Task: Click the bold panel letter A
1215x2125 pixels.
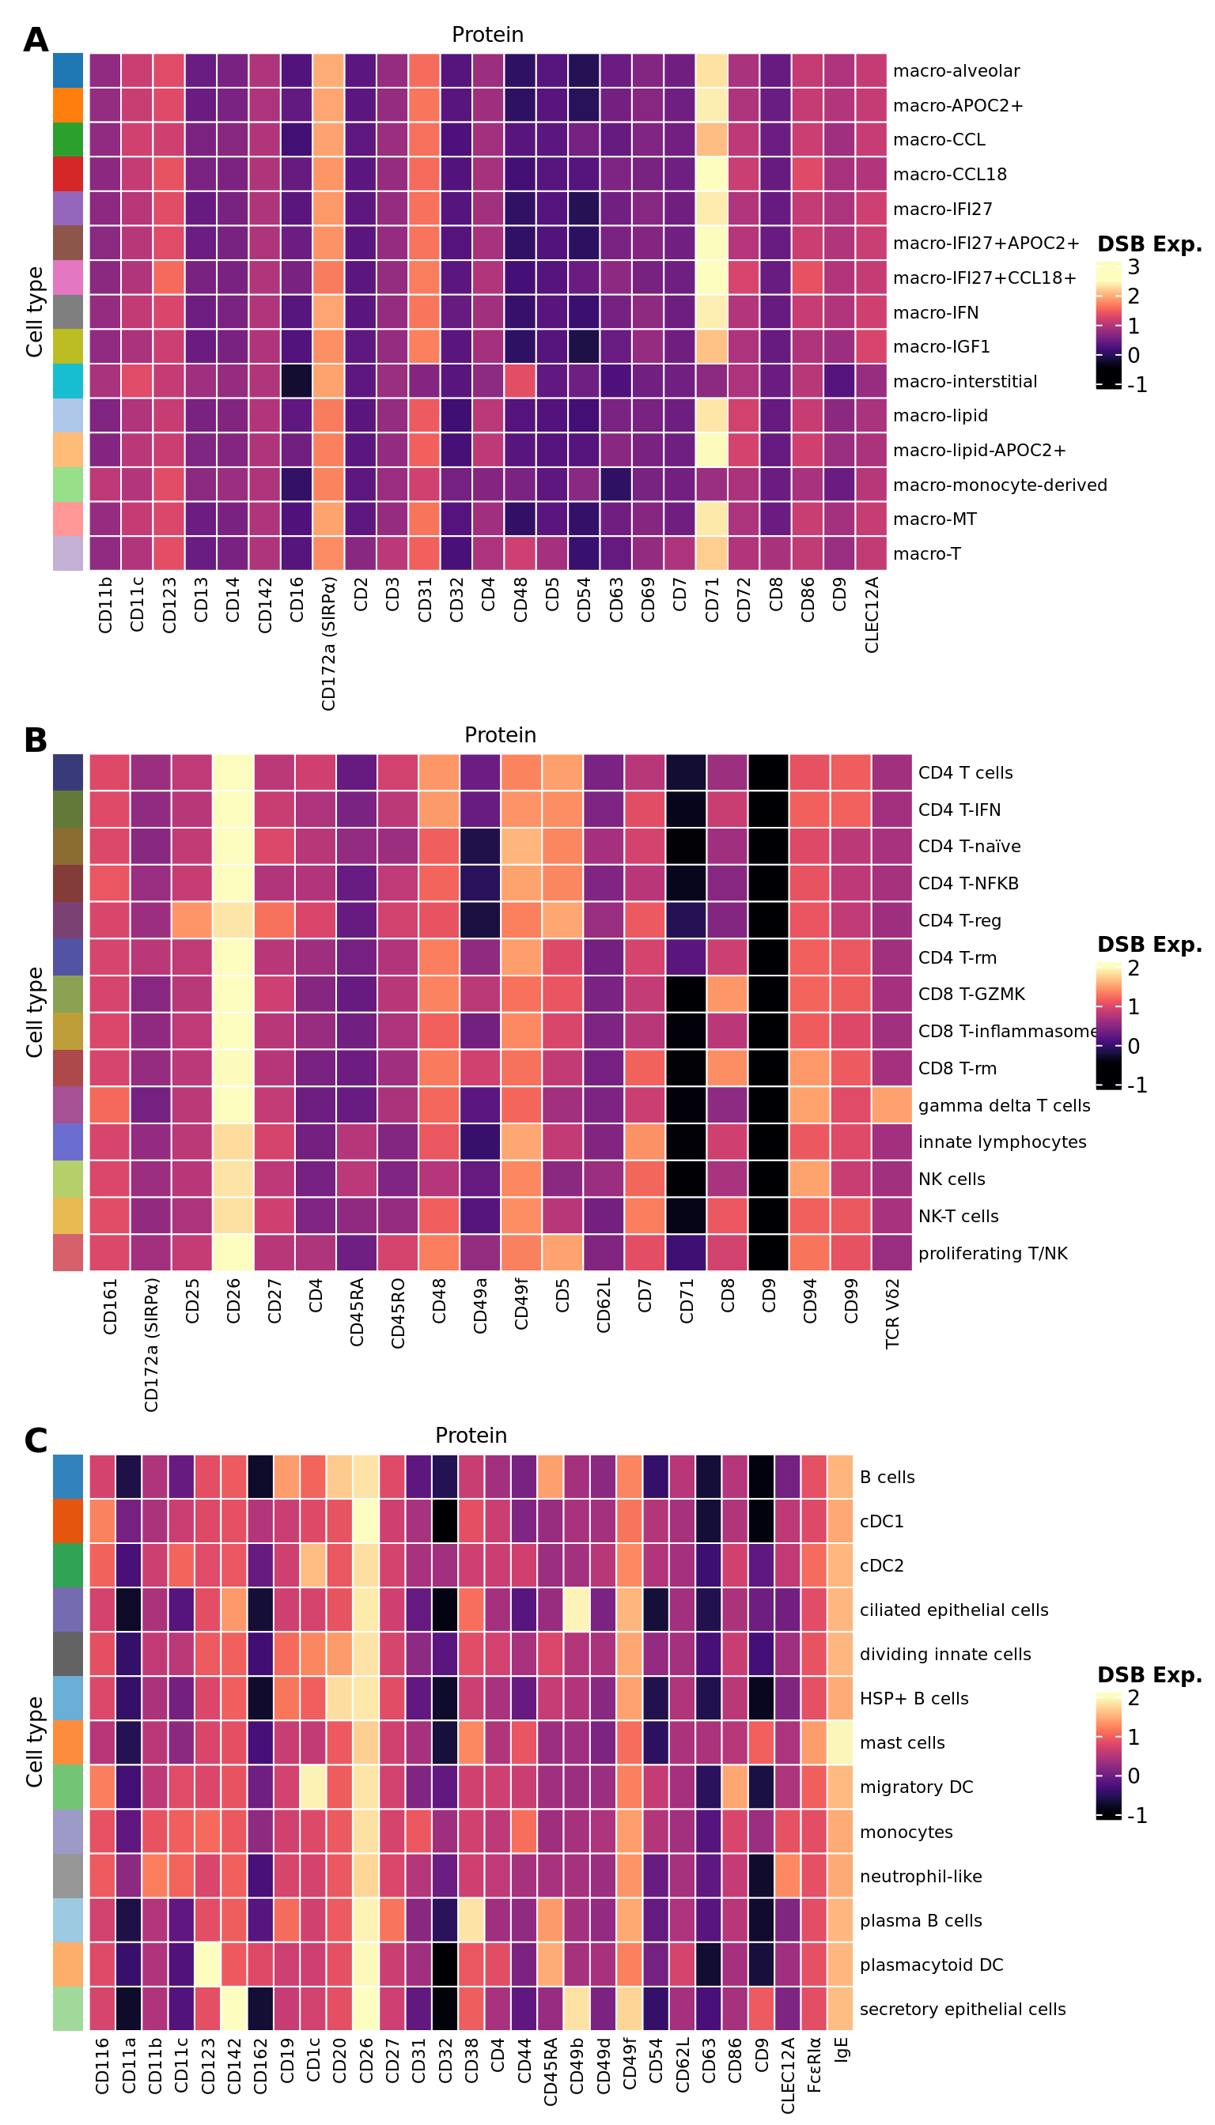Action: click(x=35, y=40)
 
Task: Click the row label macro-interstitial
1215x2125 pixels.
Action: click(x=965, y=382)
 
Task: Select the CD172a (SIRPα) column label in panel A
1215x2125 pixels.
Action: click(x=329, y=643)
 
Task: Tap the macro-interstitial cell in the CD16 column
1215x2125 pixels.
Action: click(x=297, y=381)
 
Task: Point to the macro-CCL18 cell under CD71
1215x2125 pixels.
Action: click(x=711, y=174)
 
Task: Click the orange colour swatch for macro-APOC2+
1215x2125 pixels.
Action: click(x=67, y=105)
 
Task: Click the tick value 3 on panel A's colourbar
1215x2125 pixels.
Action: click(x=1134, y=267)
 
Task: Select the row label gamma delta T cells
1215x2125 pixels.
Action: click(x=1004, y=1106)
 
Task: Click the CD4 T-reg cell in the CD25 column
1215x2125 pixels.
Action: click(x=193, y=921)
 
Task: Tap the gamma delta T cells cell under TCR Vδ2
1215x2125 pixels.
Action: click(x=892, y=1106)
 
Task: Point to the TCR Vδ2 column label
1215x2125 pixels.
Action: click(x=892, y=1314)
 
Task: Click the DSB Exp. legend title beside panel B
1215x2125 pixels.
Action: click(x=1149, y=944)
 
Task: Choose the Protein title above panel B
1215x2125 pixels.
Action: click(x=500, y=734)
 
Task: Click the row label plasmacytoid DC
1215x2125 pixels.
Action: click(x=931, y=1965)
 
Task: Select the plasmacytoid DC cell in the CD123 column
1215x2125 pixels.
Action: click(x=207, y=1965)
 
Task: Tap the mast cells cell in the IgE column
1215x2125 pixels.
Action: click(x=841, y=1743)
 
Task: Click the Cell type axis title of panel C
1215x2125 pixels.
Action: click(x=34, y=1742)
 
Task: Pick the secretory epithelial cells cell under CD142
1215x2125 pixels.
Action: click(x=233, y=2009)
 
